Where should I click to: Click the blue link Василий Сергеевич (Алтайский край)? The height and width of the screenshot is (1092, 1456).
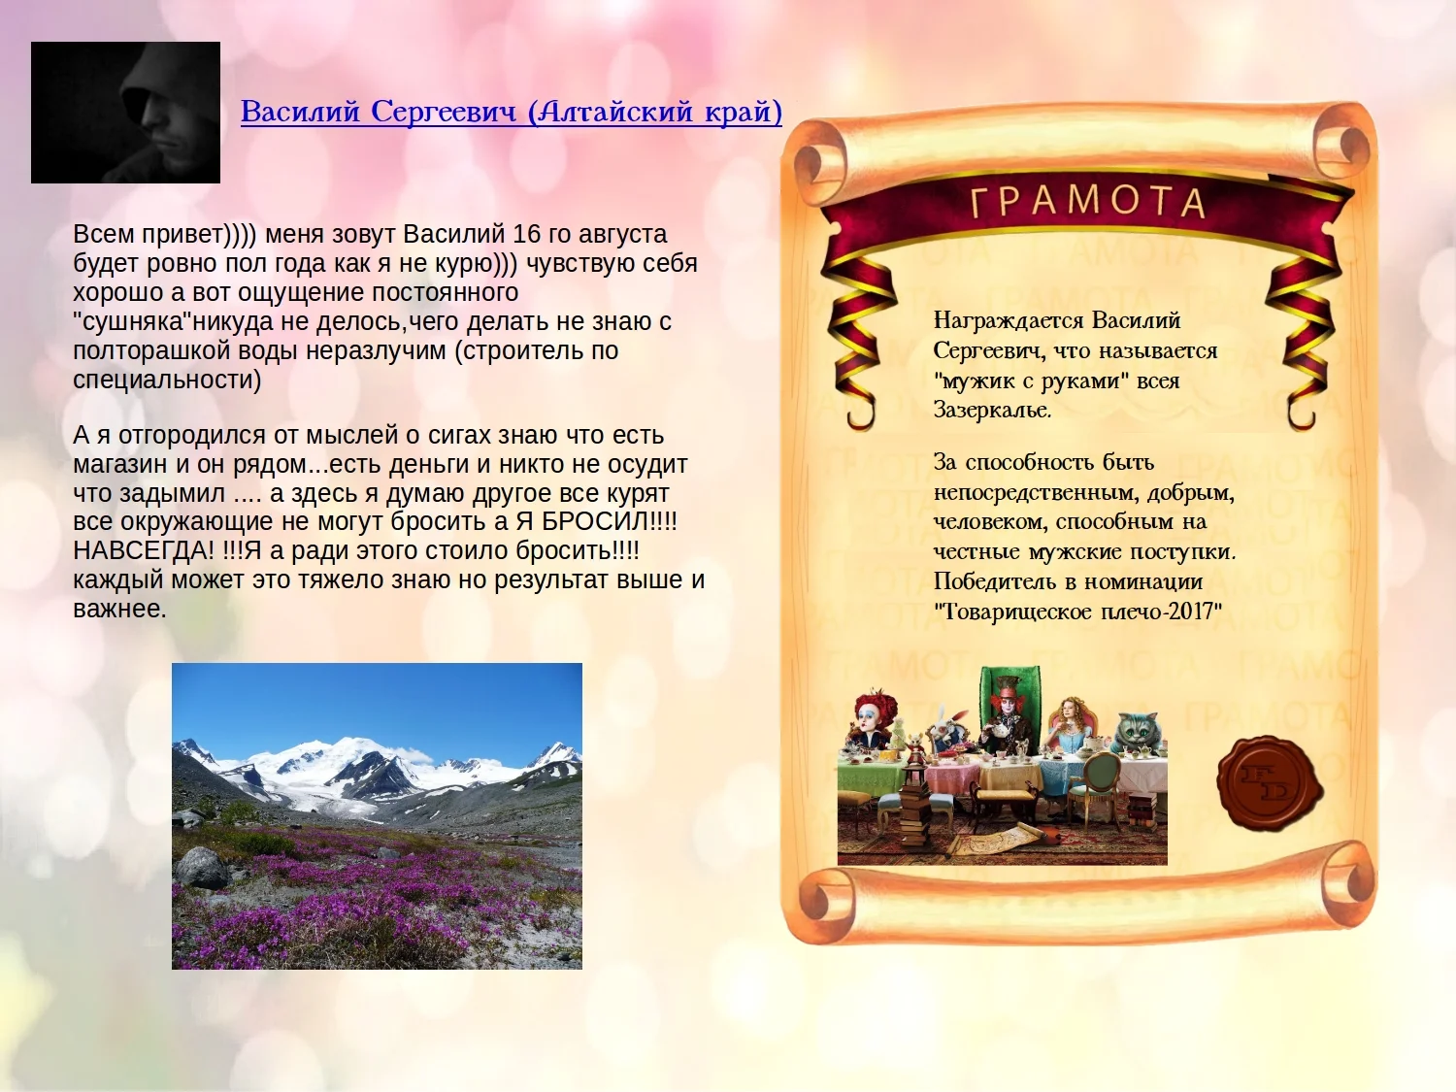[512, 112]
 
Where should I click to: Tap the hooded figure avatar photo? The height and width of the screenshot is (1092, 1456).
[125, 112]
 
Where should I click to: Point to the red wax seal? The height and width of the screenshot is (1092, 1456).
[1270, 783]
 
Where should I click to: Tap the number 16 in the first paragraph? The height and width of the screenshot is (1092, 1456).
[527, 234]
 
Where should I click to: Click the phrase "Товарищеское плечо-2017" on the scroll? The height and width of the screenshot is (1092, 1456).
[1077, 611]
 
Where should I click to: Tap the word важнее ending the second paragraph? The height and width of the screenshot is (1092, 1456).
[119, 609]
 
